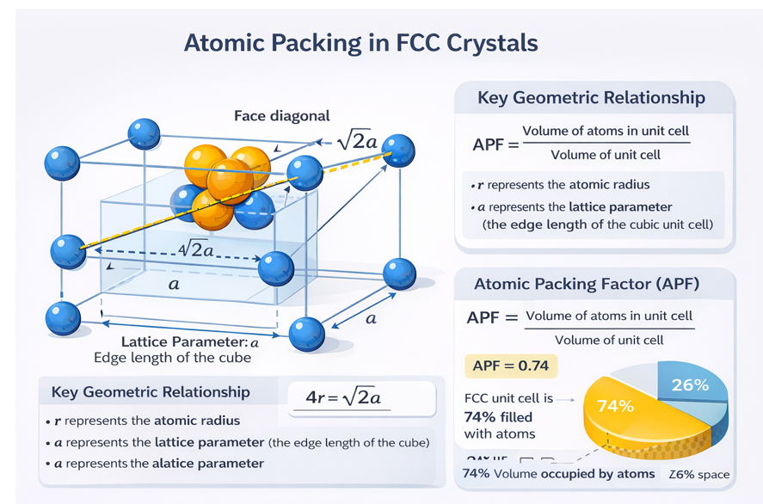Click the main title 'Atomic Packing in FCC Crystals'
(x=360, y=44)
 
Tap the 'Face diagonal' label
(x=281, y=116)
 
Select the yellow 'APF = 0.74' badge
(x=511, y=366)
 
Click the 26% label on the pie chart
(x=689, y=384)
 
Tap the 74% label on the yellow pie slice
(x=615, y=405)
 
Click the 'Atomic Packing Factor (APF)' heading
(x=587, y=284)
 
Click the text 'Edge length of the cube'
(x=172, y=358)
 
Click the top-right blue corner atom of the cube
(x=398, y=151)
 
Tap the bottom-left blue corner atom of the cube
(x=63, y=317)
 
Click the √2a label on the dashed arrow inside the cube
(x=200, y=250)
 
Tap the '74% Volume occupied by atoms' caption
(x=558, y=474)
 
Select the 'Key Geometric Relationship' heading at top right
(x=591, y=98)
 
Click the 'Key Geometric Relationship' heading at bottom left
(x=151, y=392)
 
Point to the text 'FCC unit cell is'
(x=508, y=399)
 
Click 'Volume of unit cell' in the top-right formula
(x=605, y=155)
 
